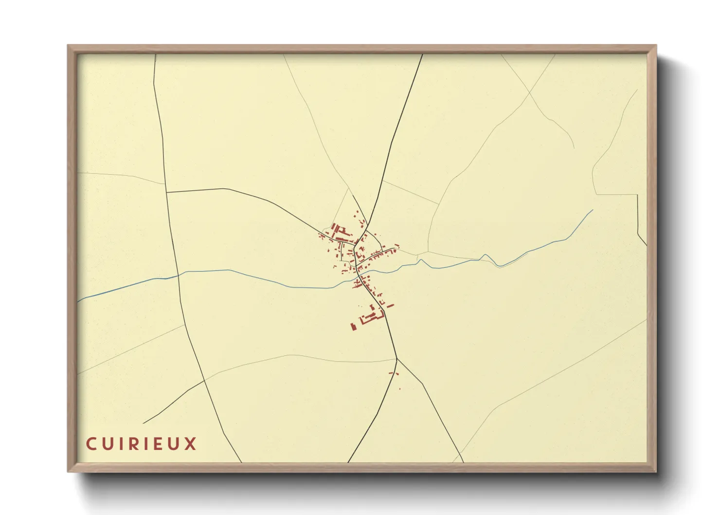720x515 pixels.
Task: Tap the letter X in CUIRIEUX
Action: pyautogui.click(x=190, y=444)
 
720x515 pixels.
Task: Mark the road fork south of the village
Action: pyautogui.click(x=397, y=359)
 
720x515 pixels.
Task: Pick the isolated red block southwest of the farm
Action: pyautogui.click(x=354, y=326)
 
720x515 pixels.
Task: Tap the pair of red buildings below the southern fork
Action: pyautogui.click(x=394, y=374)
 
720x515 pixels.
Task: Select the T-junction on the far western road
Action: pyautogui.click(x=166, y=192)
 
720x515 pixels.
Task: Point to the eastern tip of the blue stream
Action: pyautogui.click(x=593, y=210)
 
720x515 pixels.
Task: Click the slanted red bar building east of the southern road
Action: pyautogui.click(x=390, y=306)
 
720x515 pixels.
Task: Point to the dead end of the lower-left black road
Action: pyautogui.click(x=143, y=423)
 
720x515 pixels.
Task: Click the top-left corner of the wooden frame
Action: pyautogui.click(x=69, y=46)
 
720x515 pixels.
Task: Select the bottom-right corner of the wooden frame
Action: pyautogui.click(x=656, y=471)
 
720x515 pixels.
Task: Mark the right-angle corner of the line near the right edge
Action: pyautogui.click(x=637, y=195)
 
